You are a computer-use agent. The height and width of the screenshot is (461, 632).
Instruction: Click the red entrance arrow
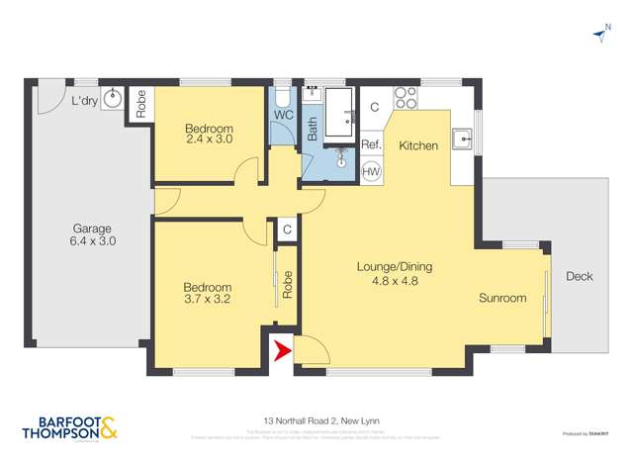(x=280, y=349)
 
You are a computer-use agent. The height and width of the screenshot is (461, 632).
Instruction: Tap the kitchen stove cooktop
(x=406, y=98)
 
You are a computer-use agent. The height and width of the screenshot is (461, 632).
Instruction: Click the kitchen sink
(x=462, y=138)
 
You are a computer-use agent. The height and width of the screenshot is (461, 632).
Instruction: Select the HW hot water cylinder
(x=372, y=171)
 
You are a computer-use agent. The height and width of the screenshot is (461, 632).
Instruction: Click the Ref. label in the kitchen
(x=371, y=145)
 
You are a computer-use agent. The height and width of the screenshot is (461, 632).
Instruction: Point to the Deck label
(x=579, y=276)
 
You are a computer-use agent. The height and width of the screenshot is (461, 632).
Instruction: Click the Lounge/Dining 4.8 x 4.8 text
(x=395, y=273)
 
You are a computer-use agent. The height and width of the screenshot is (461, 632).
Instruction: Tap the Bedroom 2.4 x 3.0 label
(x=209, y=135)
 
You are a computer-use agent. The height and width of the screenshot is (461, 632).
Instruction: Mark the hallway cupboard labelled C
(x=286, y=230)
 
